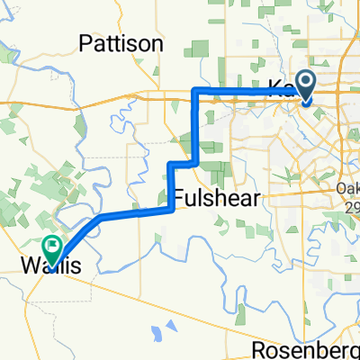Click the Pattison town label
(x=121, y=43)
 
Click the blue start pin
(x=306, y=87)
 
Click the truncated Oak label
(x=346, y=189)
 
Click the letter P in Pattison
(x=85, y=43)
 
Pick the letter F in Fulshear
(x=177, y=198)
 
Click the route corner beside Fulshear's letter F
(x=171, y=209)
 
